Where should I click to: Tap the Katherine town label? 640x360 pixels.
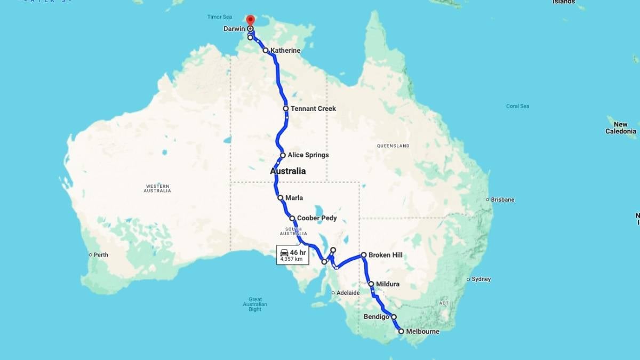click(x=285, y=51)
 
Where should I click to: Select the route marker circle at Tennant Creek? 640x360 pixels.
click(x=286, y=109)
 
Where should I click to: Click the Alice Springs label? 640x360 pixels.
click(x=308, y=155)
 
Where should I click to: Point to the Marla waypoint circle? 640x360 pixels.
click(x=281, y=198)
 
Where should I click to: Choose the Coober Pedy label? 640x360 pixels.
click(x=317, y=218)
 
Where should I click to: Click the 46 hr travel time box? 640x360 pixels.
click(x=292, y=255)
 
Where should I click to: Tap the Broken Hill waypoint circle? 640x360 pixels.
click(x=364, y=255)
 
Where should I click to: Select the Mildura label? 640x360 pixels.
click(x=388, y=284)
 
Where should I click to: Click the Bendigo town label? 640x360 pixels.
click(x=377, y=317)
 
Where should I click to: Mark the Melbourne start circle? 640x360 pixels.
click(x=401, y=331)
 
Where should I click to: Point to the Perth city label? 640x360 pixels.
click(x=101, y=255)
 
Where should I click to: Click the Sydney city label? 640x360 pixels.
click(x=482, y=279)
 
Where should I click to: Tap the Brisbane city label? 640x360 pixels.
click(x=503, y=199)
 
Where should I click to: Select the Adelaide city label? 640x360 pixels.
click(x=348, y=293)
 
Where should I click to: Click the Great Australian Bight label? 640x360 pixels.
click(x=255, y=304)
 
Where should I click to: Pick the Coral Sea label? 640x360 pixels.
click(x=517, y=106)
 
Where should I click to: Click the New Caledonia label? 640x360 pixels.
click(x=620, y=128)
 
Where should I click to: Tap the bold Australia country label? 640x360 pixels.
click(x=288, y=171)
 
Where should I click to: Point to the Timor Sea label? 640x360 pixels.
click(x=219, y=17)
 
